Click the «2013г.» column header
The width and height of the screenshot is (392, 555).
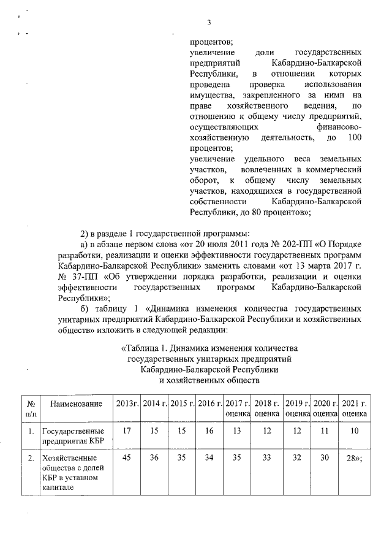click(127, 404)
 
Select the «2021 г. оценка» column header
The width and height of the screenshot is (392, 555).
click(354, 408)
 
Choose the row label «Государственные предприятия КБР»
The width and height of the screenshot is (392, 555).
click(68, 436)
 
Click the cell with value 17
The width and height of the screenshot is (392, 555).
click(127, 432)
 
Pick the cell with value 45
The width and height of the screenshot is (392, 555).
click(127, 457)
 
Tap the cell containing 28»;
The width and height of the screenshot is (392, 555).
click(354, 457)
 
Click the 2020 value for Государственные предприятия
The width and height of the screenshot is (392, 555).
click(325, 432)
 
